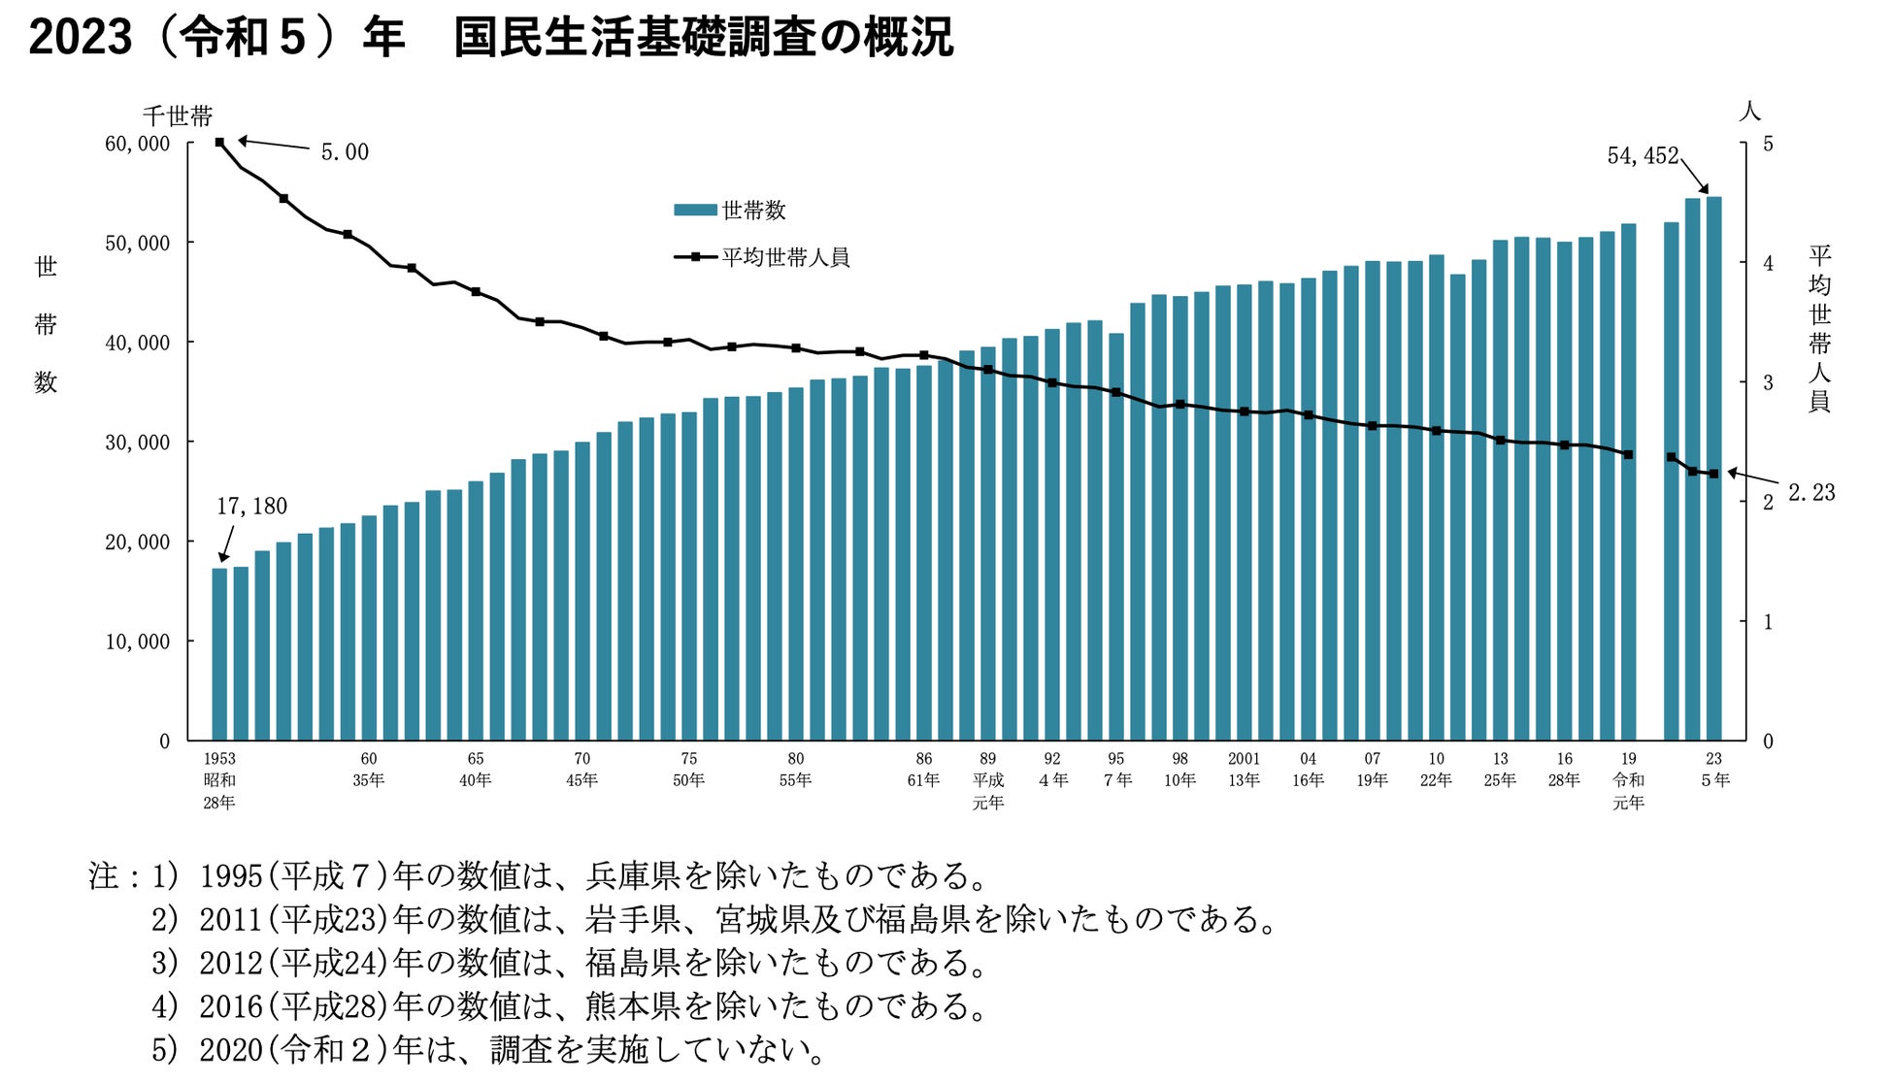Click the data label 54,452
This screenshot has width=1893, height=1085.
tap(1642, 156)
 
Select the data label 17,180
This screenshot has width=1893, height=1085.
tap(251, 507)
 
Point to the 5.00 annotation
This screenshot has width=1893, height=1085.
tap(345, 152)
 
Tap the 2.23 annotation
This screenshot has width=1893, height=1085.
tap(1811, 493)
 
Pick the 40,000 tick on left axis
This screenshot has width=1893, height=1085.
tap(137, 343)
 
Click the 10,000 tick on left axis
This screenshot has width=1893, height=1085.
tap(137, 641)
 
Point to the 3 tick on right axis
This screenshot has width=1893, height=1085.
tap(1768, 382)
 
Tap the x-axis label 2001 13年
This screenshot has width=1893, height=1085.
tap(1244, 770)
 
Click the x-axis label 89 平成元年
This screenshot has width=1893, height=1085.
tap(987, 780)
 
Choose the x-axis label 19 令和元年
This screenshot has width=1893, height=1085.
tap(1628, 780)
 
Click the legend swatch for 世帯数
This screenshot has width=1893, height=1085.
tap(695, 210)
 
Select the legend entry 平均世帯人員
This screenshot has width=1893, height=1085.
tap(784, 257)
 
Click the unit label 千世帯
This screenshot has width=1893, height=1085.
tap(178, 117)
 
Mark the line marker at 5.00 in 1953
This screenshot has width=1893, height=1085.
tap(219, 143)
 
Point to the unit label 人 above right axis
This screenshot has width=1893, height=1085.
tap(1749, 112)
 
